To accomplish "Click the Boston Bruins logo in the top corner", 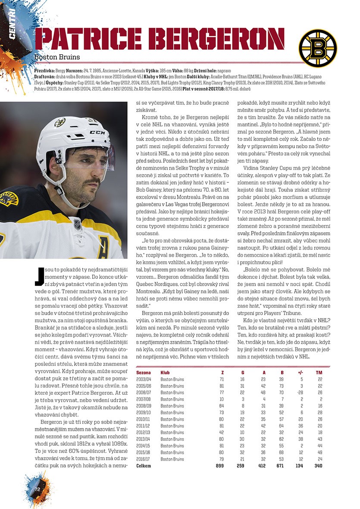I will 318,47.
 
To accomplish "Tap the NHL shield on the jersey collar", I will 78,224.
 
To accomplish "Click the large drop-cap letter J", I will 39,276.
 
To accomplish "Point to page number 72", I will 38,489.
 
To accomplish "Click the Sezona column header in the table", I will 144,372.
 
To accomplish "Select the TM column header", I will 319,372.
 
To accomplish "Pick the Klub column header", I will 165,372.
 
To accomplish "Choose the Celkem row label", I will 144,466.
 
